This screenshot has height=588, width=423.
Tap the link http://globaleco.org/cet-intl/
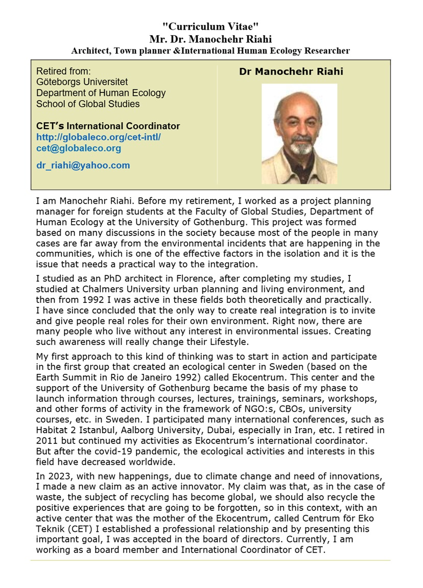99,137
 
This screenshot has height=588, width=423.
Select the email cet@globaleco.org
79,148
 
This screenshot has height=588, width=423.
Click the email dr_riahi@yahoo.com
83,165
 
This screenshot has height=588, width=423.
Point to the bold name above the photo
291,72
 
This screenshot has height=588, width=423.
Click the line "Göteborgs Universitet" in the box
82,82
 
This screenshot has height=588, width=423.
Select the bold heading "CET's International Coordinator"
108,126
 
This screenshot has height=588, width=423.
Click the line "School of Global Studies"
88,104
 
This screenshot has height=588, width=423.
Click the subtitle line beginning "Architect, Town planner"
210,51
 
